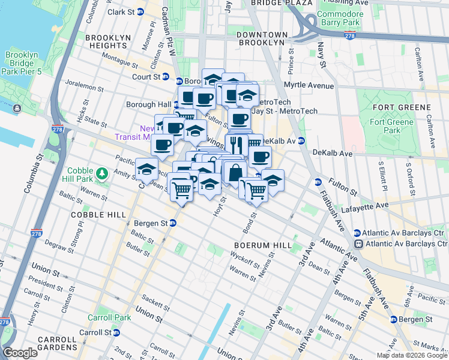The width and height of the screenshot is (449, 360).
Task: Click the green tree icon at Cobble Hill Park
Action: point(103,174)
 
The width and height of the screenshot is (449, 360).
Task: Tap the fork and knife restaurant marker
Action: point(236,144)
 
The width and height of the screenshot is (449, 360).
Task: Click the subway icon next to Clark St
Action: point(140,11)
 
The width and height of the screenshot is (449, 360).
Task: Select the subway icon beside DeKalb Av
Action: point(301,141)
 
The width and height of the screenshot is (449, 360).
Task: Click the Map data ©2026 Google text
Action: point(412,355)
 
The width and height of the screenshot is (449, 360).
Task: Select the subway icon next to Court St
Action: point(179,80)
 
